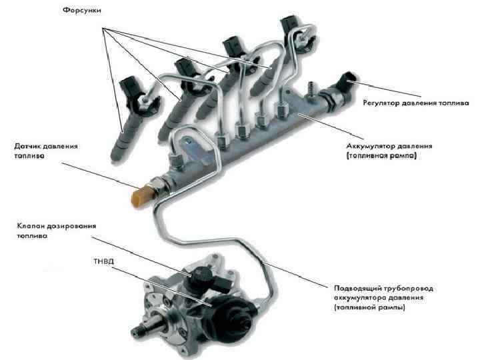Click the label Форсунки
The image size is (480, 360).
[83, 12]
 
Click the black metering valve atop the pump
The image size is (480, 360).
[201, 273]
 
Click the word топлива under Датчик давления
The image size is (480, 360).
[31, 156]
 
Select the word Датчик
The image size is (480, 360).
[28, 145]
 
